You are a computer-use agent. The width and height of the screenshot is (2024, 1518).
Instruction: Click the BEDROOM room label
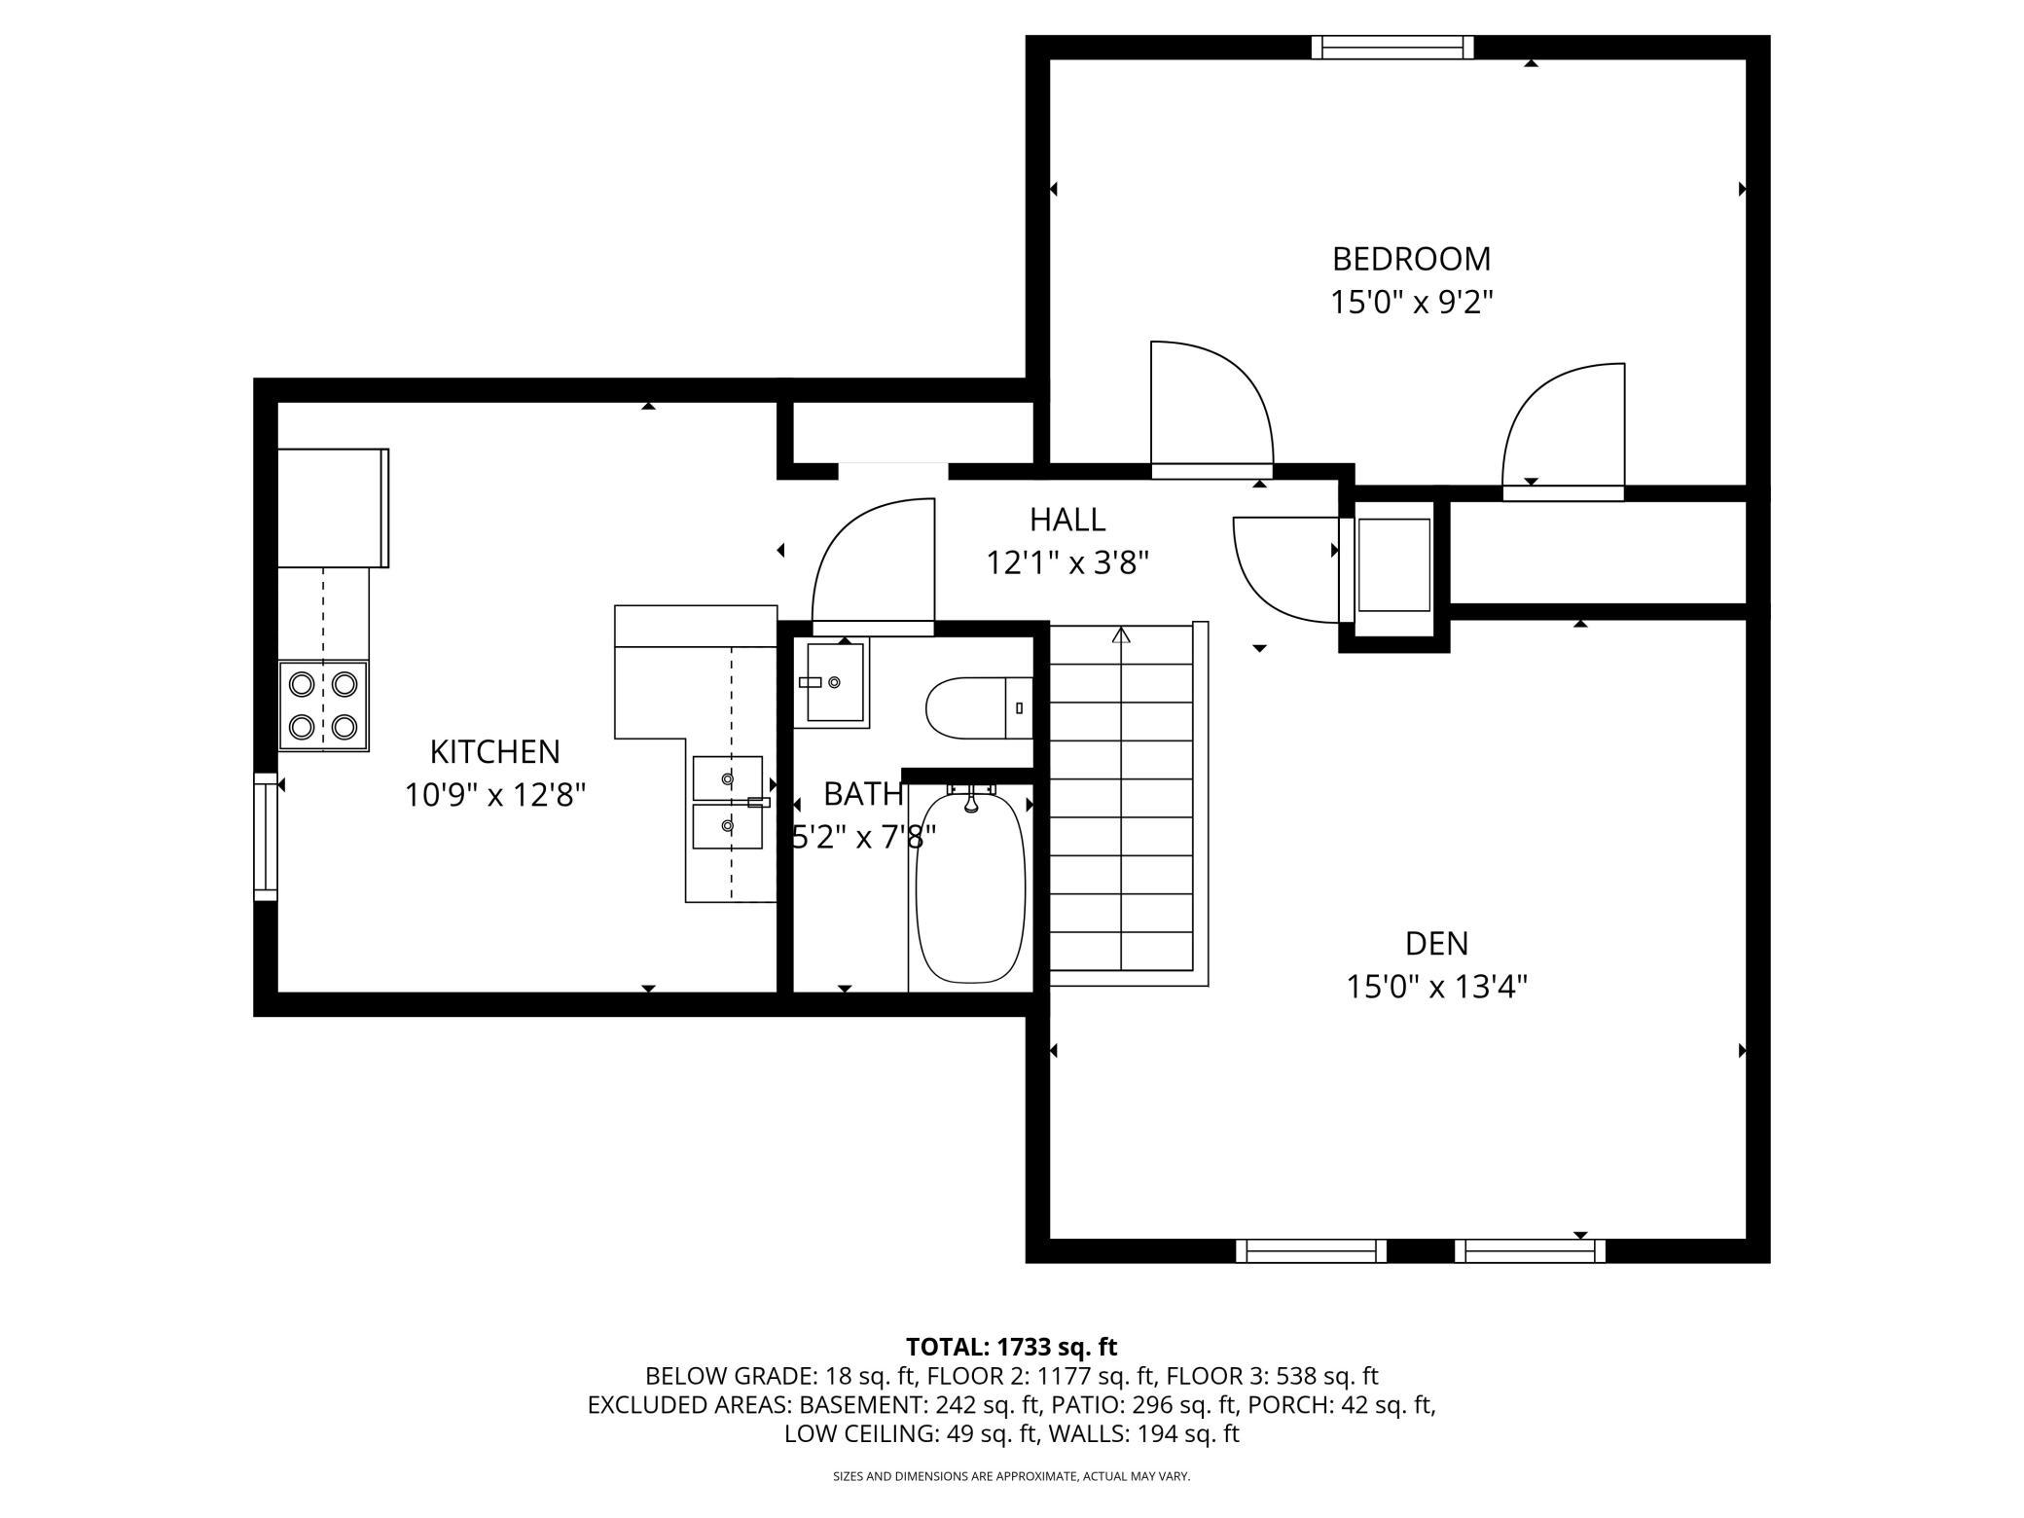point(1411,259)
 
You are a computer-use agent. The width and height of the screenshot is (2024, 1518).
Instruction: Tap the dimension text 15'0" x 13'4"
point(1436,988)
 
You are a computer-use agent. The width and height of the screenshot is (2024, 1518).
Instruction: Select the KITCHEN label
point(494,752)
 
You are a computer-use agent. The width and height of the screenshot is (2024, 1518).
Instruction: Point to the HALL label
point(1067,520)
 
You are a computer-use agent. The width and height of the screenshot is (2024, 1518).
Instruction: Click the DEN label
point(1436,943)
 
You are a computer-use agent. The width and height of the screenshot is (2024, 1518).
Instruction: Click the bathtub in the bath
point(970,885)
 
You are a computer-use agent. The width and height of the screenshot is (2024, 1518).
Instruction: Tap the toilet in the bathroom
point(979,707)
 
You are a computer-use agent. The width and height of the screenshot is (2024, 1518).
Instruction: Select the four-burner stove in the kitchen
point(323,705)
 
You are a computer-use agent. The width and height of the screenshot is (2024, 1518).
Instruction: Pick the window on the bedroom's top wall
point(1391,47)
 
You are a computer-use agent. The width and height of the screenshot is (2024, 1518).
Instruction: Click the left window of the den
point(1311,1250)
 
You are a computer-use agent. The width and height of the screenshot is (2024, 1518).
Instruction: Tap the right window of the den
point(1530,1250)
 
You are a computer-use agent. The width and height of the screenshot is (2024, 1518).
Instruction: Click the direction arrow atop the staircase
point(1122,635)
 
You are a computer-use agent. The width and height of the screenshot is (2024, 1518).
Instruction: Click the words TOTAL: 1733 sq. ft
point(1011,1347)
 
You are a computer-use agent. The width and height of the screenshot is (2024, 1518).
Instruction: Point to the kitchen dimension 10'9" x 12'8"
point(494,796)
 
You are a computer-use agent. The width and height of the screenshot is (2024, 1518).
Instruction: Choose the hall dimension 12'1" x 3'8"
point(1067,562)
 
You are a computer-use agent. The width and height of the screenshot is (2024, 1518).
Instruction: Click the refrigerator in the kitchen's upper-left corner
point(334,507)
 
